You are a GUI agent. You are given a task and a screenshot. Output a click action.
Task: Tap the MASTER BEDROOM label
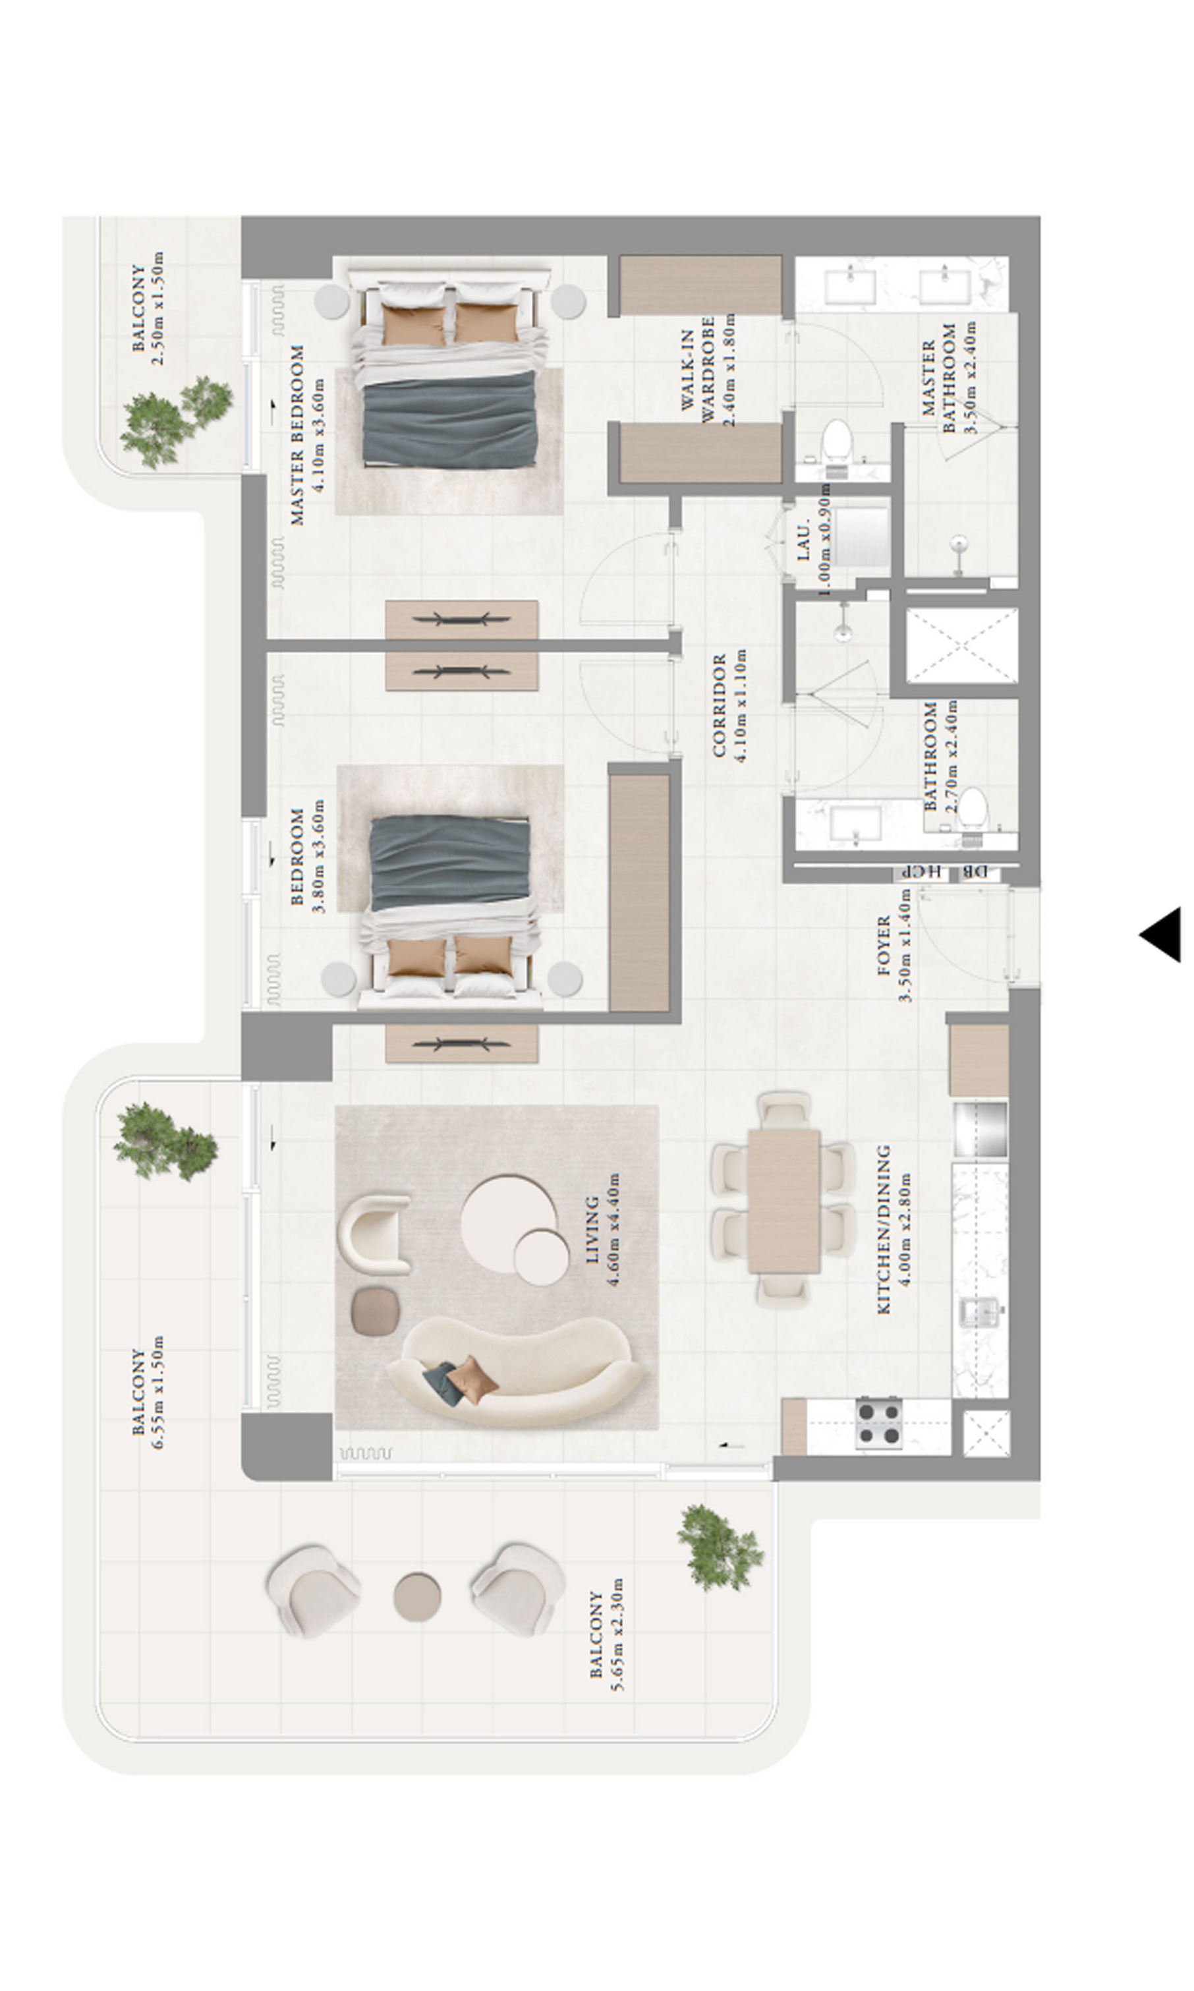click(x=298, y=436)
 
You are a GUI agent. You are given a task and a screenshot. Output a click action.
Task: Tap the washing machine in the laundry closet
click(x=861, y=535)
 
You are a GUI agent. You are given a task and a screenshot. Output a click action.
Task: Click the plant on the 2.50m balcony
click(x=175, y=419)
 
